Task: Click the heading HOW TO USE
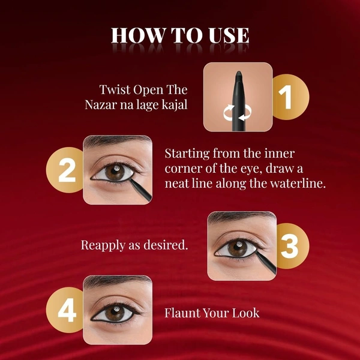180,35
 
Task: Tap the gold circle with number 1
287,97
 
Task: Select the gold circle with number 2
67,170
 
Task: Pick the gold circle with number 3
289,246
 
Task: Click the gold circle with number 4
67,310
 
